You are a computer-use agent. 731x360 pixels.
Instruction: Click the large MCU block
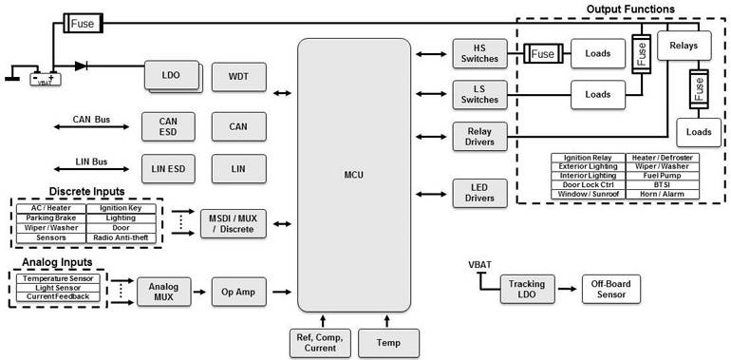[353, 175]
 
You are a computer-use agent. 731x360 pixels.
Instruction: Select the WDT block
[238, 76]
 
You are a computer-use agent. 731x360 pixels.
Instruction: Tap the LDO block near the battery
[172, 75]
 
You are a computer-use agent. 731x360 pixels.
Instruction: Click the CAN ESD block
[167, 126]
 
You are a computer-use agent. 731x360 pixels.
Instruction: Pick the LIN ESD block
[167, 168]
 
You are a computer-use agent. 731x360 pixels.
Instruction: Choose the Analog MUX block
[163, 291]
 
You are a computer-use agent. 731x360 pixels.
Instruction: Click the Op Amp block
[238, 291]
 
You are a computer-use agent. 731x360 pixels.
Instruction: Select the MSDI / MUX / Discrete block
[234, 223]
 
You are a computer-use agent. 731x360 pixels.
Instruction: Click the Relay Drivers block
[479, 137]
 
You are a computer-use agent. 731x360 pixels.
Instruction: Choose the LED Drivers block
[479, 192]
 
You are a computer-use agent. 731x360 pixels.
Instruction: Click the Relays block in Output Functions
[683, 44]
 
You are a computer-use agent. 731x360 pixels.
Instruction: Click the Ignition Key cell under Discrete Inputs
[120, 208]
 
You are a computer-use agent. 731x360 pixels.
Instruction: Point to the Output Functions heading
[630, 9]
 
